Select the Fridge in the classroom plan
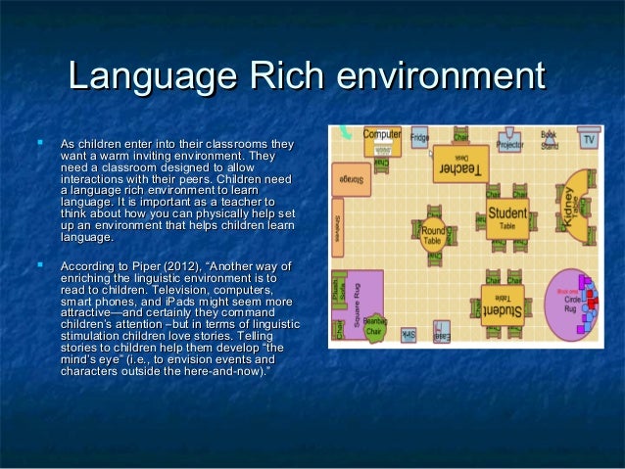point(419,138)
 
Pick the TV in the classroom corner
point(588,139)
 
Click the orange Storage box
point(354,180)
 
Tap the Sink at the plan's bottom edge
point(408,336)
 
